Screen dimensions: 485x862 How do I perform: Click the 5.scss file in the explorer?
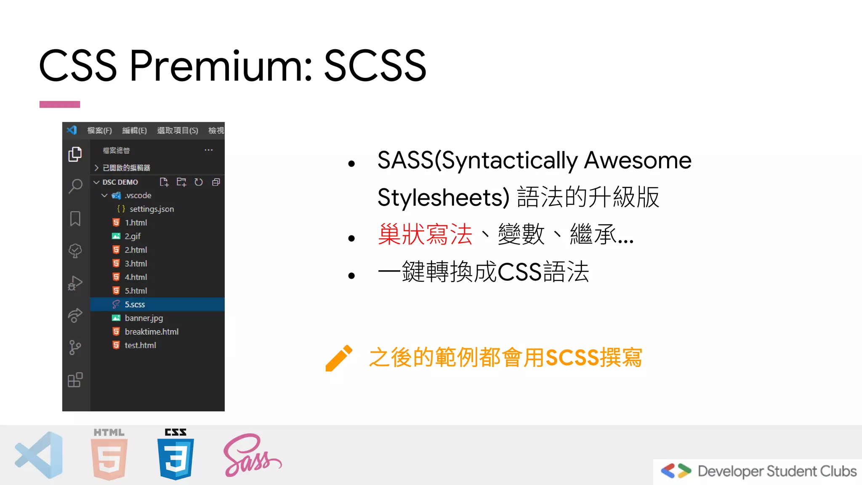click(x=135, y=304)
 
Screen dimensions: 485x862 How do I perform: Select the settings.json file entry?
click(x=152, y=209)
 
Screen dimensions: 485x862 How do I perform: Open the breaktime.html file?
click(x=152, y=332)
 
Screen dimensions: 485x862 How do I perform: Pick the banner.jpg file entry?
click(x=144, y=318)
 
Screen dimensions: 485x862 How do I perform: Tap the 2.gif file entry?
click(x=133, y=236)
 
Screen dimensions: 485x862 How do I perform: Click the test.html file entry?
click(x=140, y=345)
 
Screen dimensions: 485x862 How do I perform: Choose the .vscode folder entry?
click(x=138, y=195)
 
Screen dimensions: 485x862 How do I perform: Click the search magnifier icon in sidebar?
click(x=75, y=186)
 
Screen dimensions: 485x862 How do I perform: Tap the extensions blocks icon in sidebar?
click(x=75, y=380)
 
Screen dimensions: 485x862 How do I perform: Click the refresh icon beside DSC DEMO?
click(x=199, y=182)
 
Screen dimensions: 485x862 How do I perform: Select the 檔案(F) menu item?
click(x=99, y=131)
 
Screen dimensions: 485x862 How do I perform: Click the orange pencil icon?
click(x=339, y=358)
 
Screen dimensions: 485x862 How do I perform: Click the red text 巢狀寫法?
click(x=425, y=235)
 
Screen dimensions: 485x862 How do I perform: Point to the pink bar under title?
click(x=60, y=104)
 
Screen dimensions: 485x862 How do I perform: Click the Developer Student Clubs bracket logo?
click(x=676, y=471)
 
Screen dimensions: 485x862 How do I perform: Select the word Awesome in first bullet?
click(x=638, y=160)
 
